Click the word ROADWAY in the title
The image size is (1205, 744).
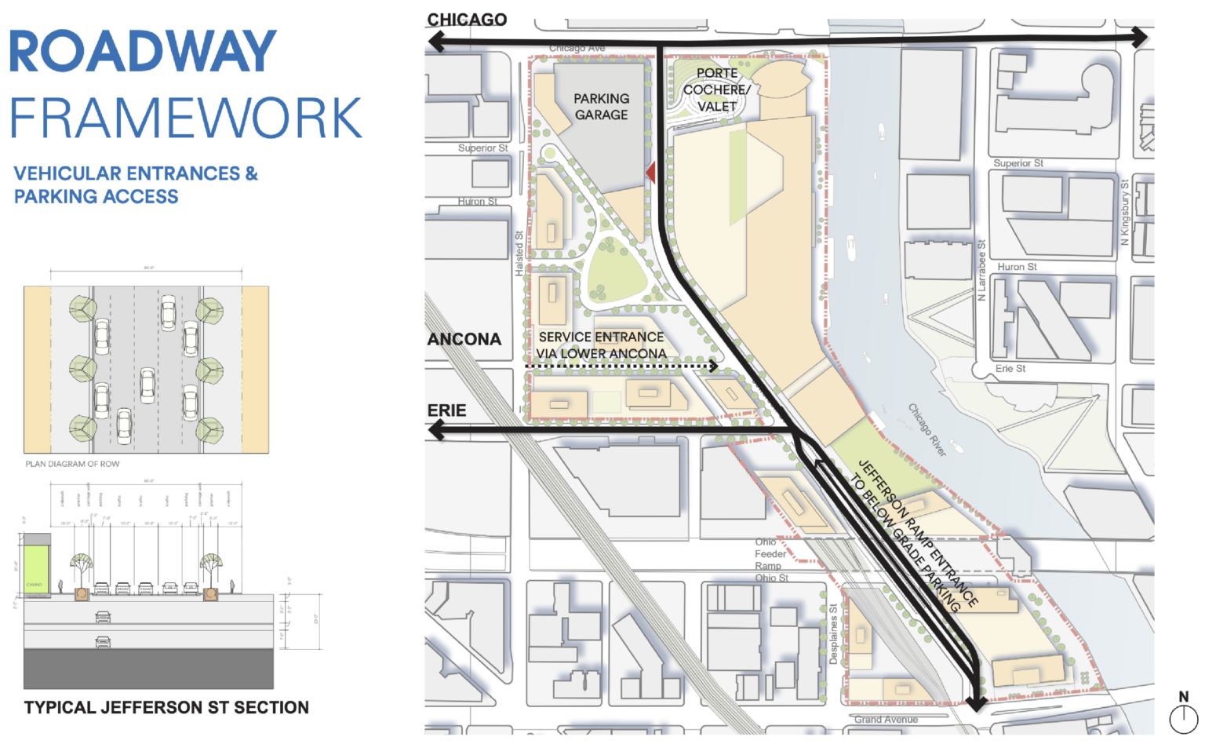click(x=142, y=52)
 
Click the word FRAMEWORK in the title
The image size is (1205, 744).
click(x=185, y=119)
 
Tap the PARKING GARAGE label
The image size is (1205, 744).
click(x=601, y=107)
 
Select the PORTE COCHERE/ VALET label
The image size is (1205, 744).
click(x=716, y=89)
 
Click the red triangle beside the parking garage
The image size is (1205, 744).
click(x=650, y=171)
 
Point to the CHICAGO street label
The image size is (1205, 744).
click(x=467, y=20)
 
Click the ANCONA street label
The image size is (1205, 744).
click(x=464, y=339)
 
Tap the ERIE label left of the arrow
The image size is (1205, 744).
click(x=446, y=410)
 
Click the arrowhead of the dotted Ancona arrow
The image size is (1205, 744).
click(x=713, y=366)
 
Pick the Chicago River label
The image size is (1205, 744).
click(x=927, y=430)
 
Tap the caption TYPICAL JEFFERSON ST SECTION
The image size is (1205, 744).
click(x=166, y=707)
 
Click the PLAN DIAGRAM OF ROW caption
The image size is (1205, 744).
click(x=72, y=464)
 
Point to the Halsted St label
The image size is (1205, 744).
click(x=519, y=253)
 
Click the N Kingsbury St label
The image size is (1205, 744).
click(x=1124, y=213)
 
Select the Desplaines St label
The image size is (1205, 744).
click(x=833, y=634)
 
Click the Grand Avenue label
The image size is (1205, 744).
click(x=886, y=719)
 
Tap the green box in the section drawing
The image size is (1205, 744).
click(x=35, y=563)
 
